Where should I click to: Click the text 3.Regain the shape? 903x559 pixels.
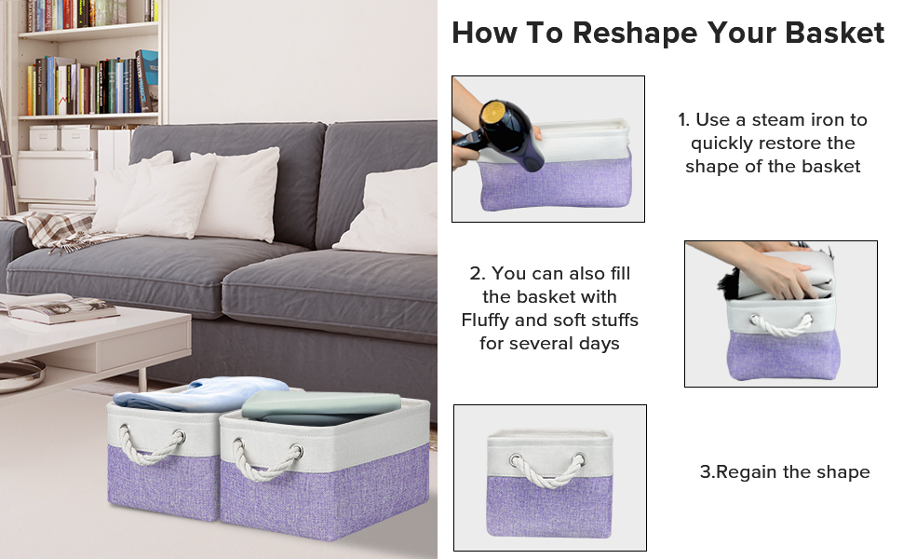[784, 471]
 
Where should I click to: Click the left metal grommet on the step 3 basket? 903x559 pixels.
[515, 459]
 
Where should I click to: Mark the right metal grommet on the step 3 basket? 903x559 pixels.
[580, 459]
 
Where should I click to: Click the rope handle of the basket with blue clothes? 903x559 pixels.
[153, 445]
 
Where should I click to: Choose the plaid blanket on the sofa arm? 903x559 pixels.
[61, 229]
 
